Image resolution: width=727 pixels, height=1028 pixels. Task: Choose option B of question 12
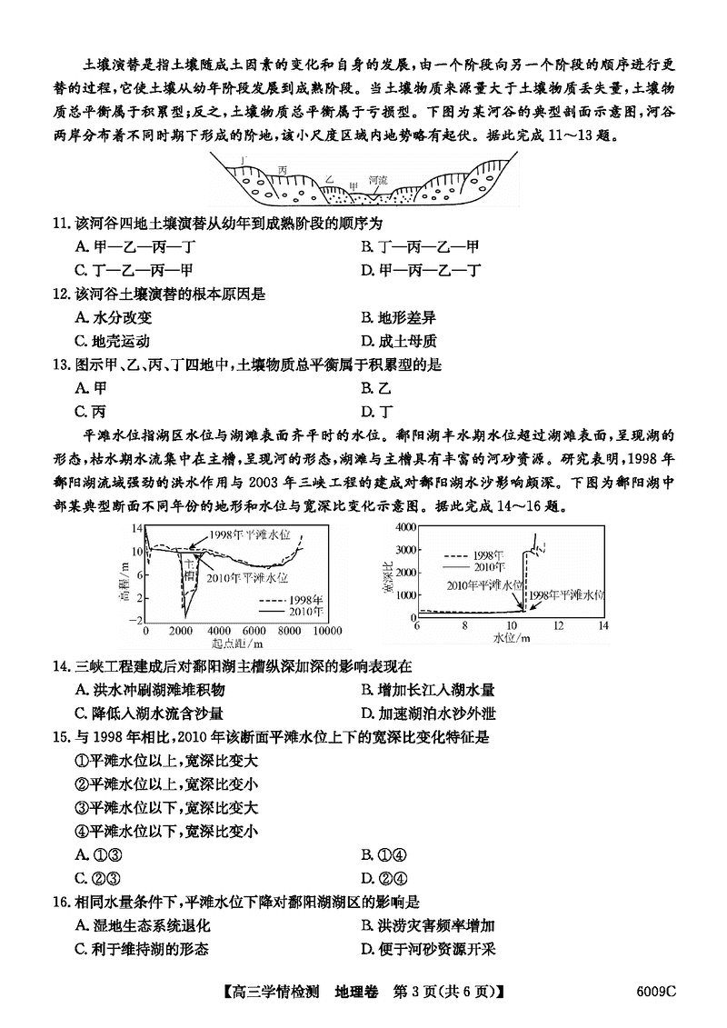[395, 317]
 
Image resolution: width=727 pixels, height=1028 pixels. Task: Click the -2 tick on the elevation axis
[137, 619]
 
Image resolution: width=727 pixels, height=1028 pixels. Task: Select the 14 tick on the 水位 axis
[602, 625]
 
